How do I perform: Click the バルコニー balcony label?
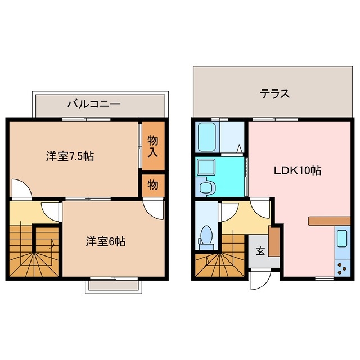click(93, 103)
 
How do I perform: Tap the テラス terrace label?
click(274, 94)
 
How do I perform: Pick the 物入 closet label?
click(152, 146)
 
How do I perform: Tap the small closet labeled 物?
click(152, 184)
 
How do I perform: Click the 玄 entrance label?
click(261, 251)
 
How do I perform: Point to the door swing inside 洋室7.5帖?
click(20, 188)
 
